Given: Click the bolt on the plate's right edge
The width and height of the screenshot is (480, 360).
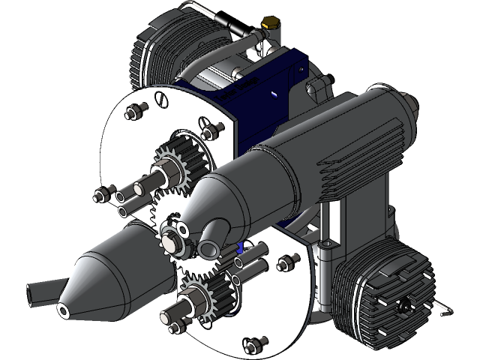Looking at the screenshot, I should (x=285, y=262).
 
